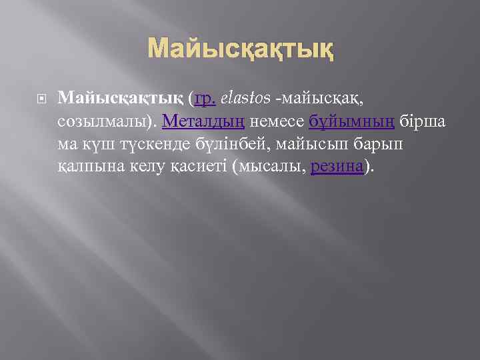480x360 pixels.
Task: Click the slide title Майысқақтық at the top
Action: pyautogui.click(x=240, y=48)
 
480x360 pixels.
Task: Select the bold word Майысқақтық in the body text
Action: pyautogui.click(x=119, y=99)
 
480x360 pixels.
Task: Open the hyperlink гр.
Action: pyautogui.click(x=204, y=99)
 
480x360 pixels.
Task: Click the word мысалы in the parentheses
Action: pyautogui.click(x=269, y=166)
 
